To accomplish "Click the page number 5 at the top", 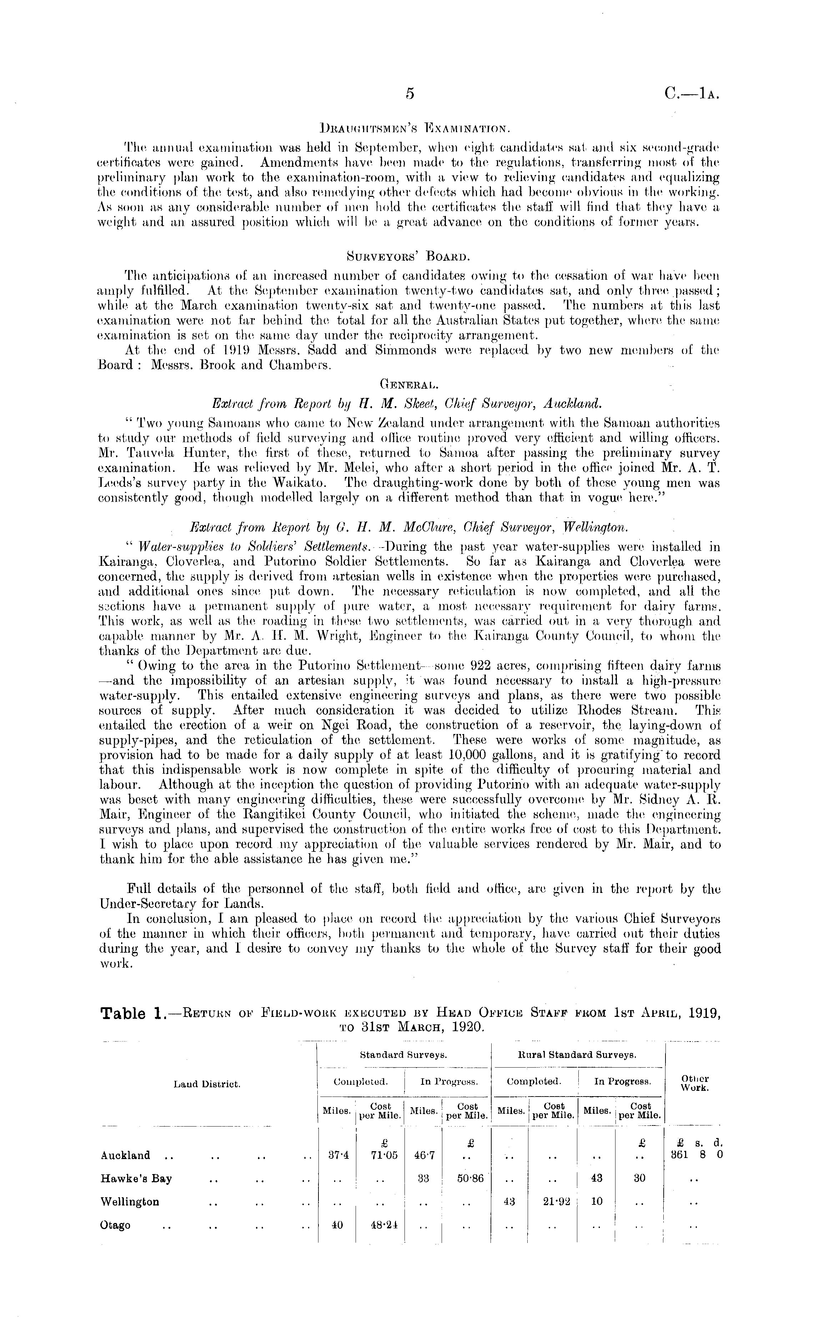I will [x=410, y=94].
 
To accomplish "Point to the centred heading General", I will [x=409, y=386].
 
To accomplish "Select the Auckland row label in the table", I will [x=125, y=1155].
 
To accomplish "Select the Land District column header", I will [x=207, y=1084].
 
